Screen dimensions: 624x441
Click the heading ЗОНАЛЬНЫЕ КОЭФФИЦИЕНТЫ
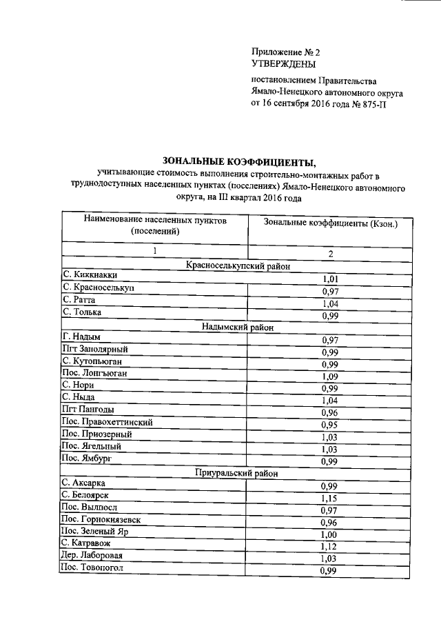click(x=238, y=162)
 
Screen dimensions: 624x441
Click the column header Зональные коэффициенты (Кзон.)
click(x=330, y=223)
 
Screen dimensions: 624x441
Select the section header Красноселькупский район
click(x=238, y=266)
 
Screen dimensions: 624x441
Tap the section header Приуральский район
click(x=238, y=472)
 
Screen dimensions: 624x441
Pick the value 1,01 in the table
click(x=331, y=279)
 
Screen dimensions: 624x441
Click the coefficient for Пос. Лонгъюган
click(x=331, y=377)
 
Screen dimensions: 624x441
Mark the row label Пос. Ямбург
click(x=87, y=457)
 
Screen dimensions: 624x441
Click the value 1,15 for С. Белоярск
click(x=331, y=498)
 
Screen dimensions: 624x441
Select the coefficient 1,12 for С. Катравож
click(x=331, y=546)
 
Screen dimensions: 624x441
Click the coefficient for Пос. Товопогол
click(x=331, y=571)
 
